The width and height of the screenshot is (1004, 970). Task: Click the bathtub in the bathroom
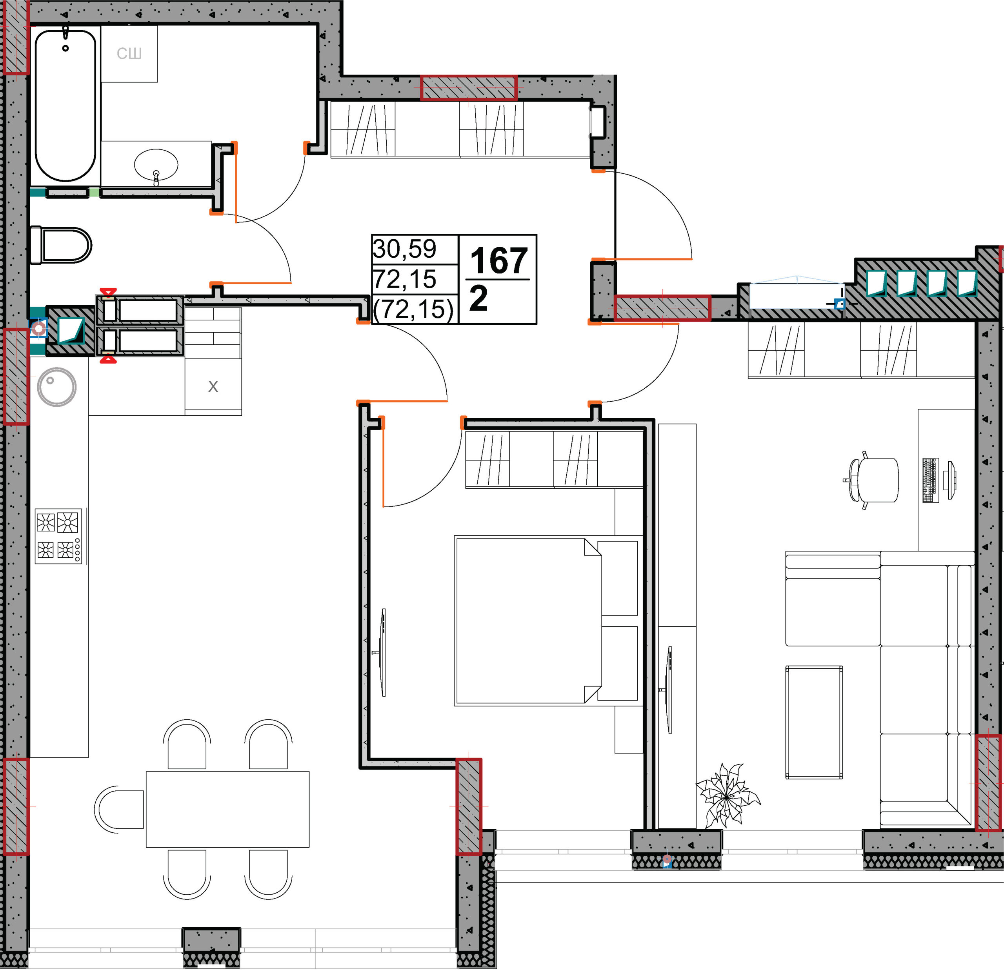point(65,105)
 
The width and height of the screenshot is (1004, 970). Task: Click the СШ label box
point(129,54)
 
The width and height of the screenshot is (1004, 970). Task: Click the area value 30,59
point(405,249)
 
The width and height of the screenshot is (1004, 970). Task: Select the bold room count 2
point(478,299)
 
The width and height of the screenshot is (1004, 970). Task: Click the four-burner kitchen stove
point(58,536)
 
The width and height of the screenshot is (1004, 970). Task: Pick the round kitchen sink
point(57,387)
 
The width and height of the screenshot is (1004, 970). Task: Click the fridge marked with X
point(213,386)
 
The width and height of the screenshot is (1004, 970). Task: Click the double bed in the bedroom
point(548,621)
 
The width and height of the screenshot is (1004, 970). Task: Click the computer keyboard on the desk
point(931,480)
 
